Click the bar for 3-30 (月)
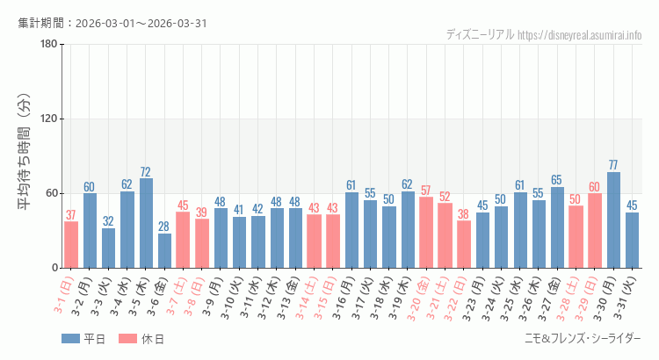pyautogui.click(x=613, y=220)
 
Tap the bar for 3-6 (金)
pyautogui.click(x=164, y=250)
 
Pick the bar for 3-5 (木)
pyautogui.click(x=146, y=223)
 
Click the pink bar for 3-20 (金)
pyautogui.click(x=426, y=232)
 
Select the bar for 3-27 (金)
pyautogui.click(x=557, y=227)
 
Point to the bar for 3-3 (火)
pyautogui.click(x=108, y=248)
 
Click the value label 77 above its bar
pyautogui.click(x=613, y=165)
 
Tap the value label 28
pyautogui.click(x=164, y=227)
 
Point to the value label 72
pyautogui.click(x=146, y=171)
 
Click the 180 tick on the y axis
pyautogui.click(x=49, y=45)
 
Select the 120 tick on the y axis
pyautogui.click(x=49, y=119)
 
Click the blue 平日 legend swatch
pyautogui.click(x=72, y=339)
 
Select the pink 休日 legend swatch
pyautogui.click(x=128, y=339)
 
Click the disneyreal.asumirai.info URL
pyautogui.click(x=580, y=35)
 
